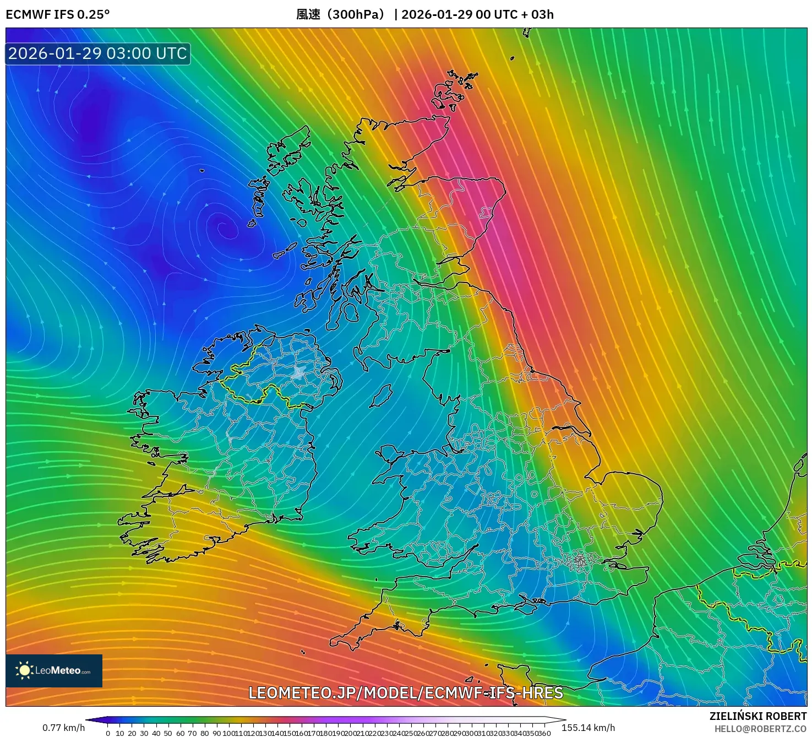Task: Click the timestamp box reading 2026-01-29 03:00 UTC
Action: point(97,53)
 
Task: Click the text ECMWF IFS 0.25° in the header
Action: point(57,14)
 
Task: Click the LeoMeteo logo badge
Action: point(54,670)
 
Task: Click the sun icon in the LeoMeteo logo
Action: point(24,670)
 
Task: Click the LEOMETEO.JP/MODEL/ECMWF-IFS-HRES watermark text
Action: point(406,693)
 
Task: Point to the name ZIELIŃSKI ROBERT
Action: point(758,716)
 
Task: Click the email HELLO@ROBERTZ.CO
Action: point(760,729)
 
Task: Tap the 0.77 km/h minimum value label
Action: point(63,728)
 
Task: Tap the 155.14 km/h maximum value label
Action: point(588,728)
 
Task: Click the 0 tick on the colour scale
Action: point(108,733)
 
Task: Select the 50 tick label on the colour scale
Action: point(168,733)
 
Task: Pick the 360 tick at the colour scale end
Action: point(544,733)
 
